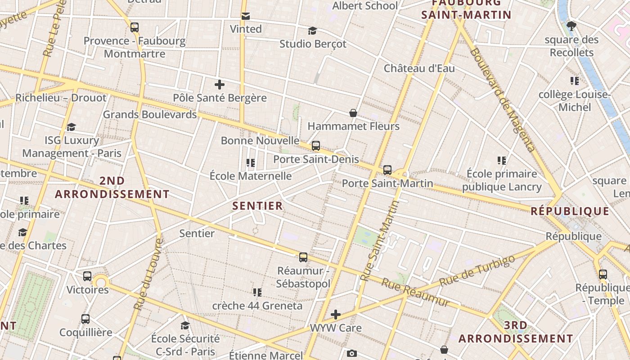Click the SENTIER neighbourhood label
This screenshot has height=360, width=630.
point(257,206)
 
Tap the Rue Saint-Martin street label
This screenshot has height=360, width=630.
point(380,241)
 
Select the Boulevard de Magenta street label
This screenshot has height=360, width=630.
point(502,99)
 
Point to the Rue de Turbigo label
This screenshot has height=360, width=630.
point(477,271)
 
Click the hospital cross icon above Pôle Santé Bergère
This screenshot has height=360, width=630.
point(220,84)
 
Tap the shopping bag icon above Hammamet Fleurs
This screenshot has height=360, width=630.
point(353,112)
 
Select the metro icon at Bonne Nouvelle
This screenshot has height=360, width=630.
point(316,145)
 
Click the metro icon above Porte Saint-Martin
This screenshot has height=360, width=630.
point(387,170)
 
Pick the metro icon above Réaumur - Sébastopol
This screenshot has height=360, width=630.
point(303,257)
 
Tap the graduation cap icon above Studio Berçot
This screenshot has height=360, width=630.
point(312,31)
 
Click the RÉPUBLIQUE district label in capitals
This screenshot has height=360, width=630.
point(570,211)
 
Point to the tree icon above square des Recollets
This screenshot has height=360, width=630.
point(571,26)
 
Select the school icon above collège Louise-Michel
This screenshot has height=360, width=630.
point(575,81)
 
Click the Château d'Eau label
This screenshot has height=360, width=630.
point(419,68)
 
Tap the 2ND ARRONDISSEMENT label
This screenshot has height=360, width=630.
point(112,187)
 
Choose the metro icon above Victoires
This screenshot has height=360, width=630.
point(87,276)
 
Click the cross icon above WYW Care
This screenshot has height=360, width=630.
point(336,314)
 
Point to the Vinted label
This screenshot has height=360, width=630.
point(246,29)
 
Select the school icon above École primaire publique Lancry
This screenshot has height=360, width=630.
point(502,160)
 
